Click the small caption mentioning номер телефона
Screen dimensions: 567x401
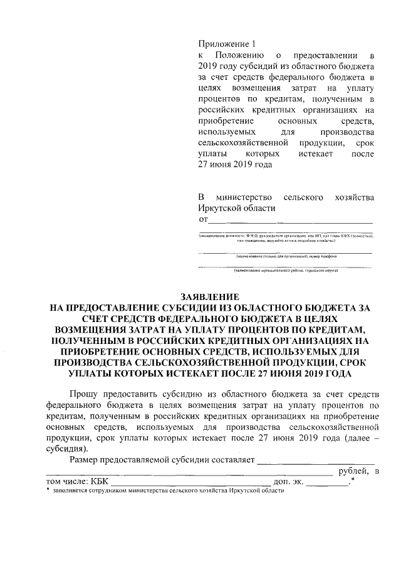tap(286, 257)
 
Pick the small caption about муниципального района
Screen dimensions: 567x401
tap(286, 271)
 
